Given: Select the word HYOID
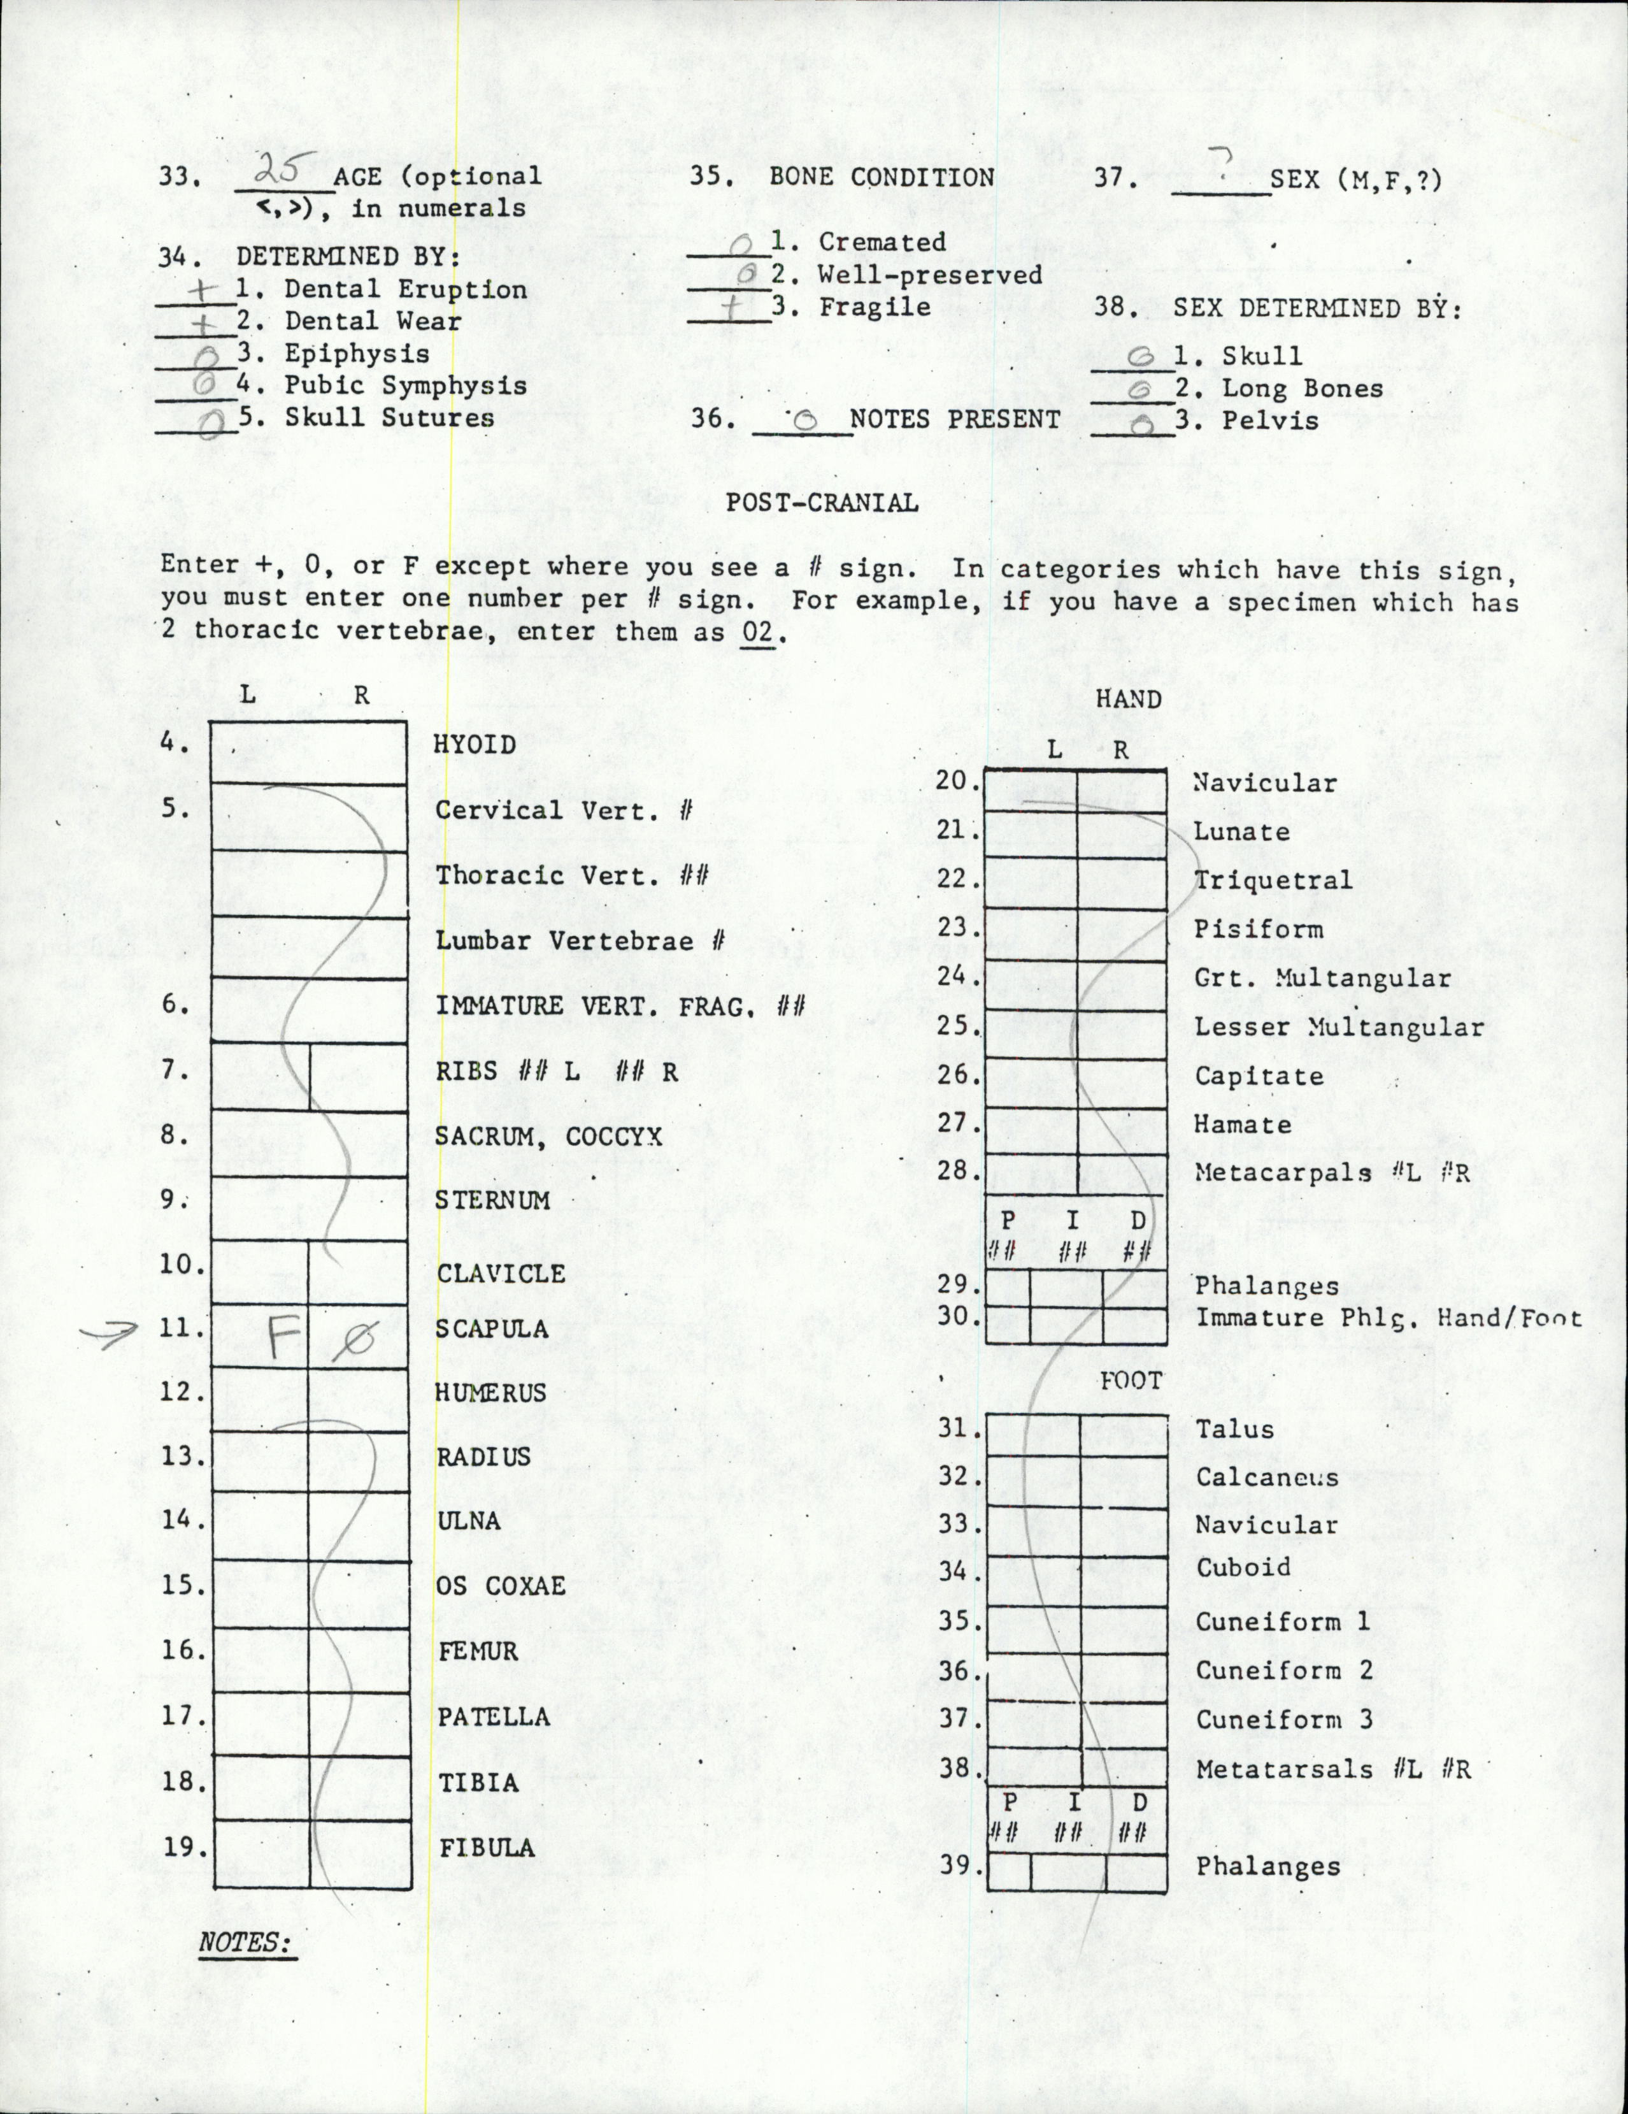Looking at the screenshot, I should point(475,745).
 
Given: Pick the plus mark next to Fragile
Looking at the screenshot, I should point(736,307).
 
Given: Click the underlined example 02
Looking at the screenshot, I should point(759,634).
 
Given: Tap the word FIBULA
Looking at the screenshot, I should point(487,1848).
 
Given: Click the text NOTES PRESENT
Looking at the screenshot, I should point(954,419).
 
